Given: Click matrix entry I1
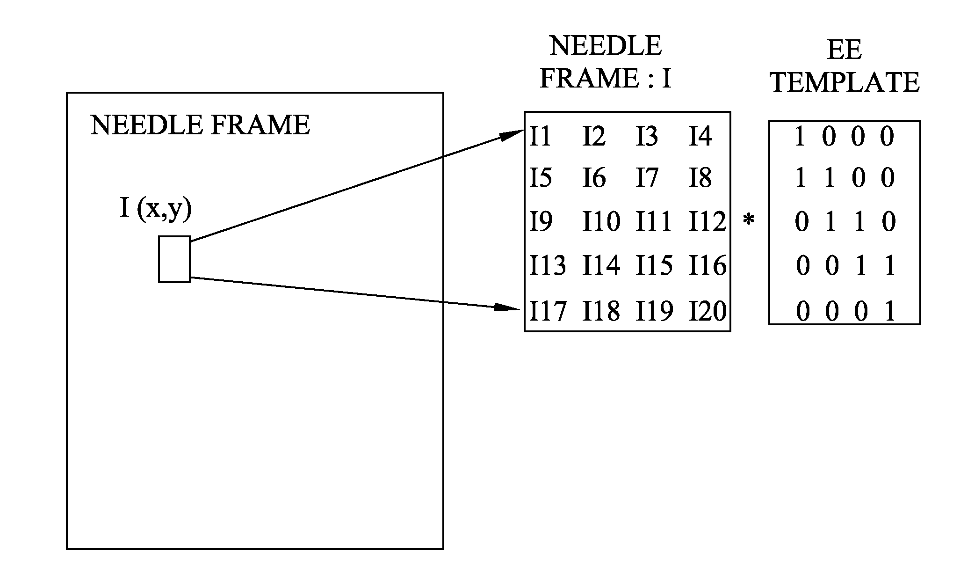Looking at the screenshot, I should click(x=540, y=137).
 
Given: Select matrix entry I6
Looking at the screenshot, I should click(x=594, y=178).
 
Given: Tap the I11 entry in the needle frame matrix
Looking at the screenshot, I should click(x=653, y=221).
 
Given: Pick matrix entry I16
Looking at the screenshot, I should click(x=708, y=265).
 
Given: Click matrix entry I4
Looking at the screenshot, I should click(x=700, y=137).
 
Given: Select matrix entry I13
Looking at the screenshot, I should click(x=548, y=265).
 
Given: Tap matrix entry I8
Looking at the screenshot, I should click(x=700, y=178).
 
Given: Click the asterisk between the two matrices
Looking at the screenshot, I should click(x=749, y=220).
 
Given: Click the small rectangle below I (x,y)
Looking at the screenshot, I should click(x=174, y=259).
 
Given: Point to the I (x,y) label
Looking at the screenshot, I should click(x=156, y=209).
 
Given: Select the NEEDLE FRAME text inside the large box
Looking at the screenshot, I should click(x=200, y=125).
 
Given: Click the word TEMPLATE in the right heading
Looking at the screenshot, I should click(x=845, y=82).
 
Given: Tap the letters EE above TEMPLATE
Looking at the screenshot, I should click(x=844, y=50).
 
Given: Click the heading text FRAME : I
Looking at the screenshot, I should click(x=606, y=78).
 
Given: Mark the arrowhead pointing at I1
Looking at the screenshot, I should click(x=512, y=134).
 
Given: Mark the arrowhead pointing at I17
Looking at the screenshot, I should click(x=508, y=307).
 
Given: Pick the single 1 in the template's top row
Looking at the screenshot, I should click(x=800, y=137).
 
